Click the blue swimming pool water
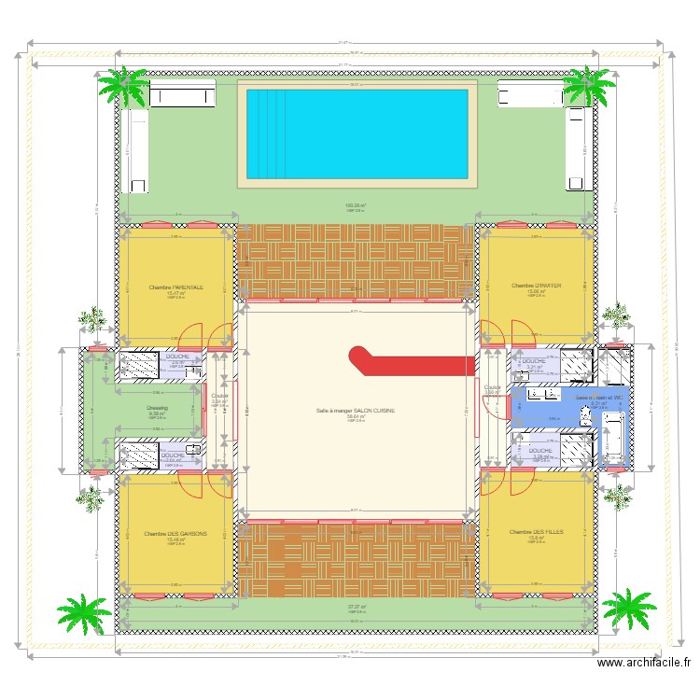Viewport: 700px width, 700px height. (356, 132)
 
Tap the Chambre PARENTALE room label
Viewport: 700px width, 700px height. (175, 287)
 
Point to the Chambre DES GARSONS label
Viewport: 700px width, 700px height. (175, 534)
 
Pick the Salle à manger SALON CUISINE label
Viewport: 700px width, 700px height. (356, 411)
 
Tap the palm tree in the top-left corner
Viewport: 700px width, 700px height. (123, 86)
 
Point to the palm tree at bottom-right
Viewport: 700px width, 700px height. (631, 609)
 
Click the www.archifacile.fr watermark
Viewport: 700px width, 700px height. (645, 664)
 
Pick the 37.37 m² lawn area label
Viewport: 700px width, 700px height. (356, 607)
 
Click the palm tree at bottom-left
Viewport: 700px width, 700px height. (84, 613)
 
